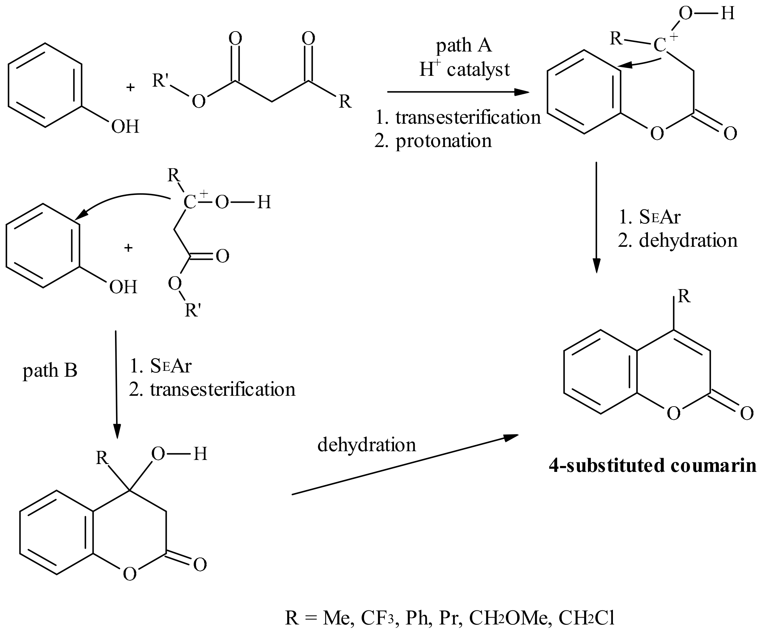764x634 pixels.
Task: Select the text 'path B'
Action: click(50, 371)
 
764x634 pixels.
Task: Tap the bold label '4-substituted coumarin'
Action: click(653, 466)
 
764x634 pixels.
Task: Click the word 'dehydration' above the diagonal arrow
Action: click(366, 445)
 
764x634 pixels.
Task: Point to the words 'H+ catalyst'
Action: click(464, 69)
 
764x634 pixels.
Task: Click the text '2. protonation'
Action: click(433, 141)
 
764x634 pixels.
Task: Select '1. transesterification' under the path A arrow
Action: click(458, 117)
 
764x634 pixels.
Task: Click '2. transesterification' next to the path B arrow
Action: click(212, 389)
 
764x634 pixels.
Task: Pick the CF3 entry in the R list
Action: click(377, 618)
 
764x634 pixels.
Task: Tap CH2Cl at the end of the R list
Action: click(586, 618)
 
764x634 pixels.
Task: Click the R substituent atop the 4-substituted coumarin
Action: click(684, 297)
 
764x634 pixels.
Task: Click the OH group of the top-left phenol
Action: click(125, 127)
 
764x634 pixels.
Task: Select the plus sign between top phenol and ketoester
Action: click(130, 87)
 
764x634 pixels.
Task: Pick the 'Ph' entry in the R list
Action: click(417, 618)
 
